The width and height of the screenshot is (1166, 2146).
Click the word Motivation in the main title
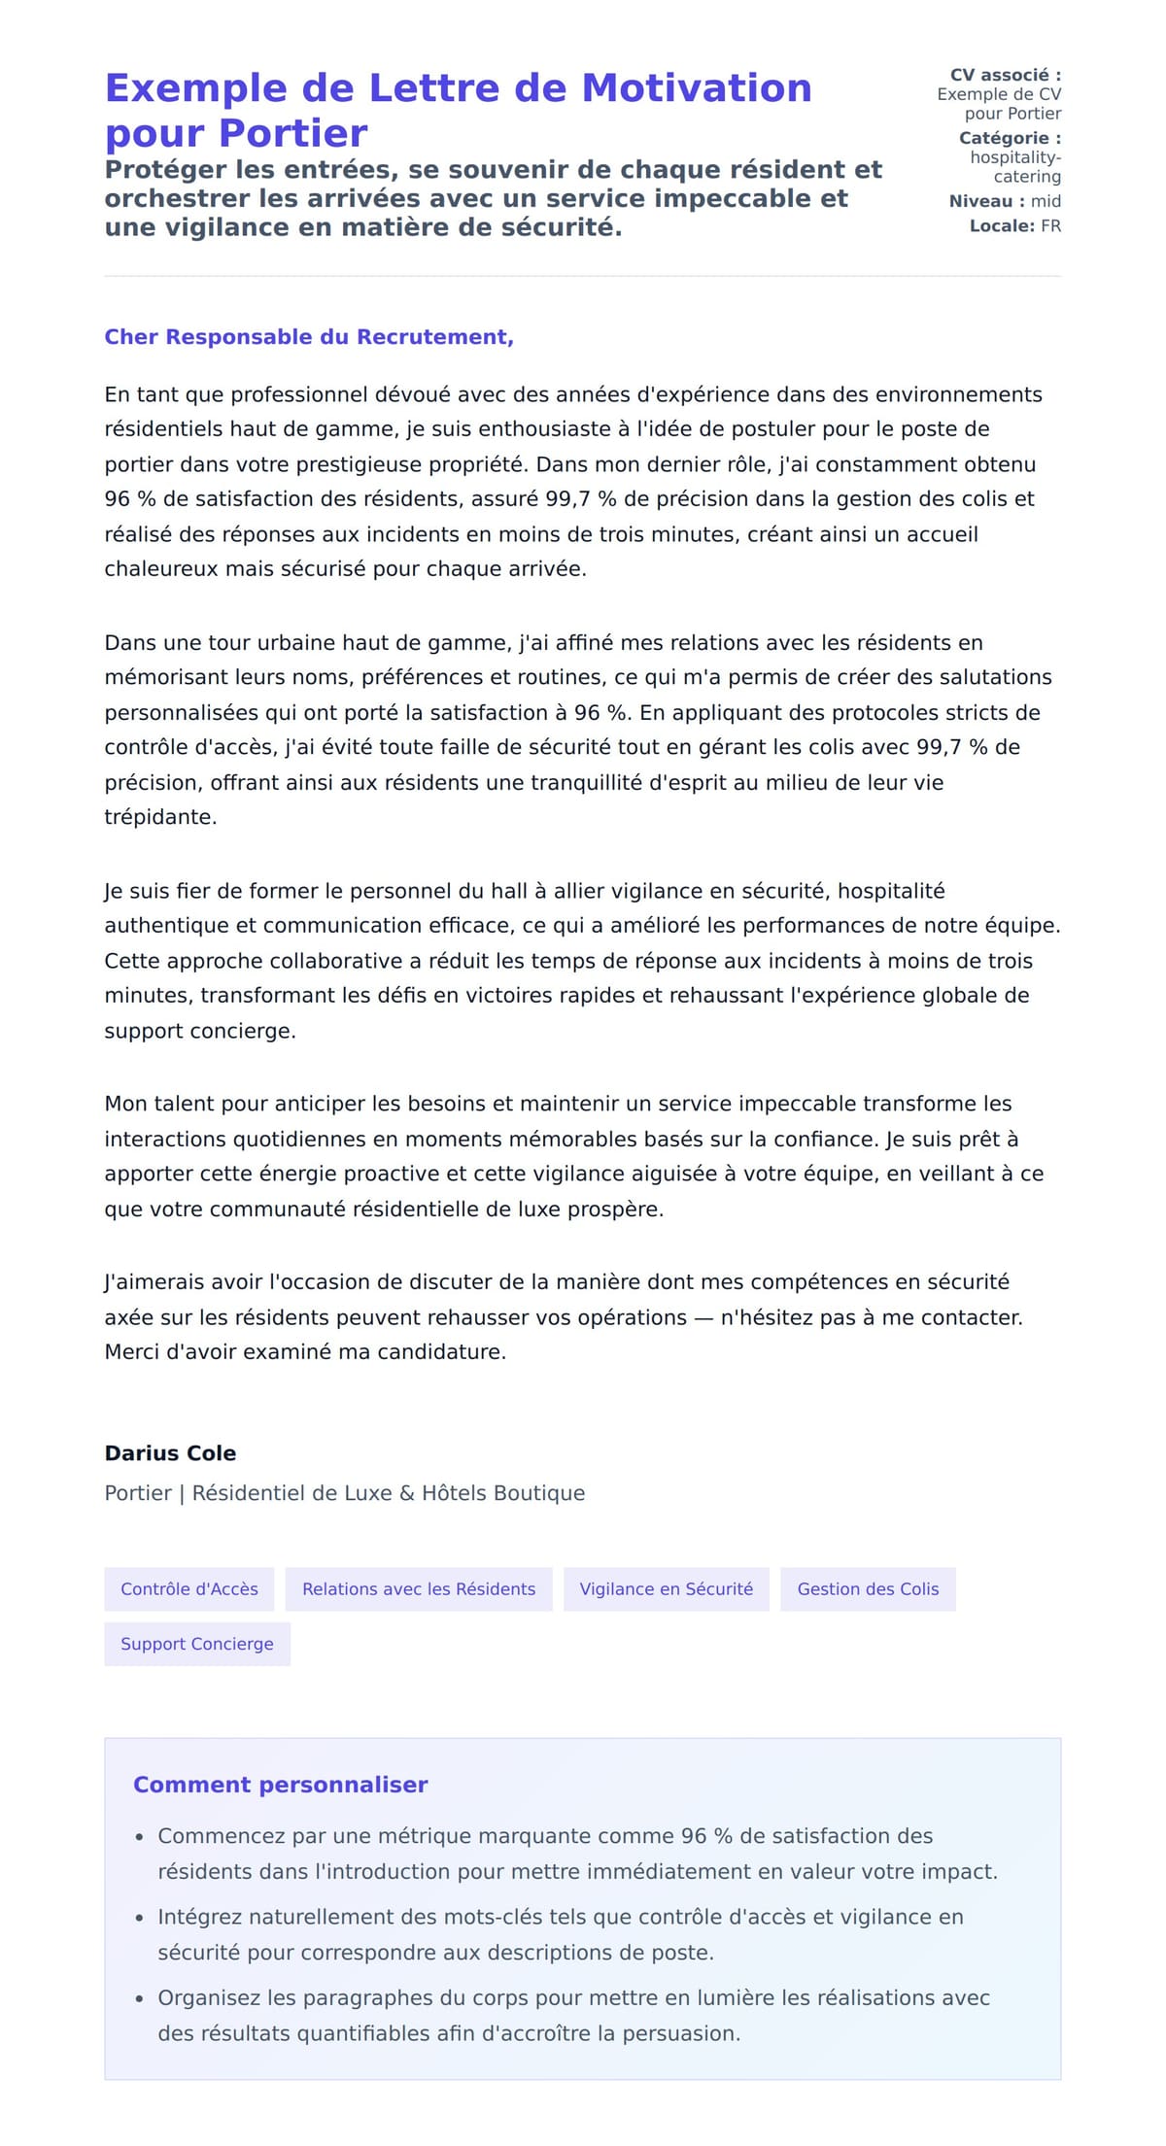(696, 88)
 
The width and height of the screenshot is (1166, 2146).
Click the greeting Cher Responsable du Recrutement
(308, 337)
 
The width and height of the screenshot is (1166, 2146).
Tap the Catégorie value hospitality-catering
(1015, 167)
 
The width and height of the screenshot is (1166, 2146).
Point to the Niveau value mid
(1046, 201)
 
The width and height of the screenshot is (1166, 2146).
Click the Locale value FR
(1050, 226)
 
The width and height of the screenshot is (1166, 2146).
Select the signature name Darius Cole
(170, 1453)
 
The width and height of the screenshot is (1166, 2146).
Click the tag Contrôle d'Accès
(189, 1589)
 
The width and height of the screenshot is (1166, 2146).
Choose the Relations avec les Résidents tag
(419, 1589)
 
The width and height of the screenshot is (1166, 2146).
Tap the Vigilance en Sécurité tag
(667, 1589)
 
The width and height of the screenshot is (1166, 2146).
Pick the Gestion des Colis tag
(868, 1589)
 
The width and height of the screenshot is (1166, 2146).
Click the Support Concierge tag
(197, 1644)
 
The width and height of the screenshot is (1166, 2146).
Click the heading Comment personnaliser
(280, 1785)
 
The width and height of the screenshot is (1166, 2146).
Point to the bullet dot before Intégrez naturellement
(140, 1919)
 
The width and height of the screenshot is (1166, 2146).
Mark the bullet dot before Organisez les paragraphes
(140, 1999)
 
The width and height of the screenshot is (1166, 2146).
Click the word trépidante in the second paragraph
(159, 817)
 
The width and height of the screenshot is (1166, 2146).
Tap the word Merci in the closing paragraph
(131, 1352)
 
